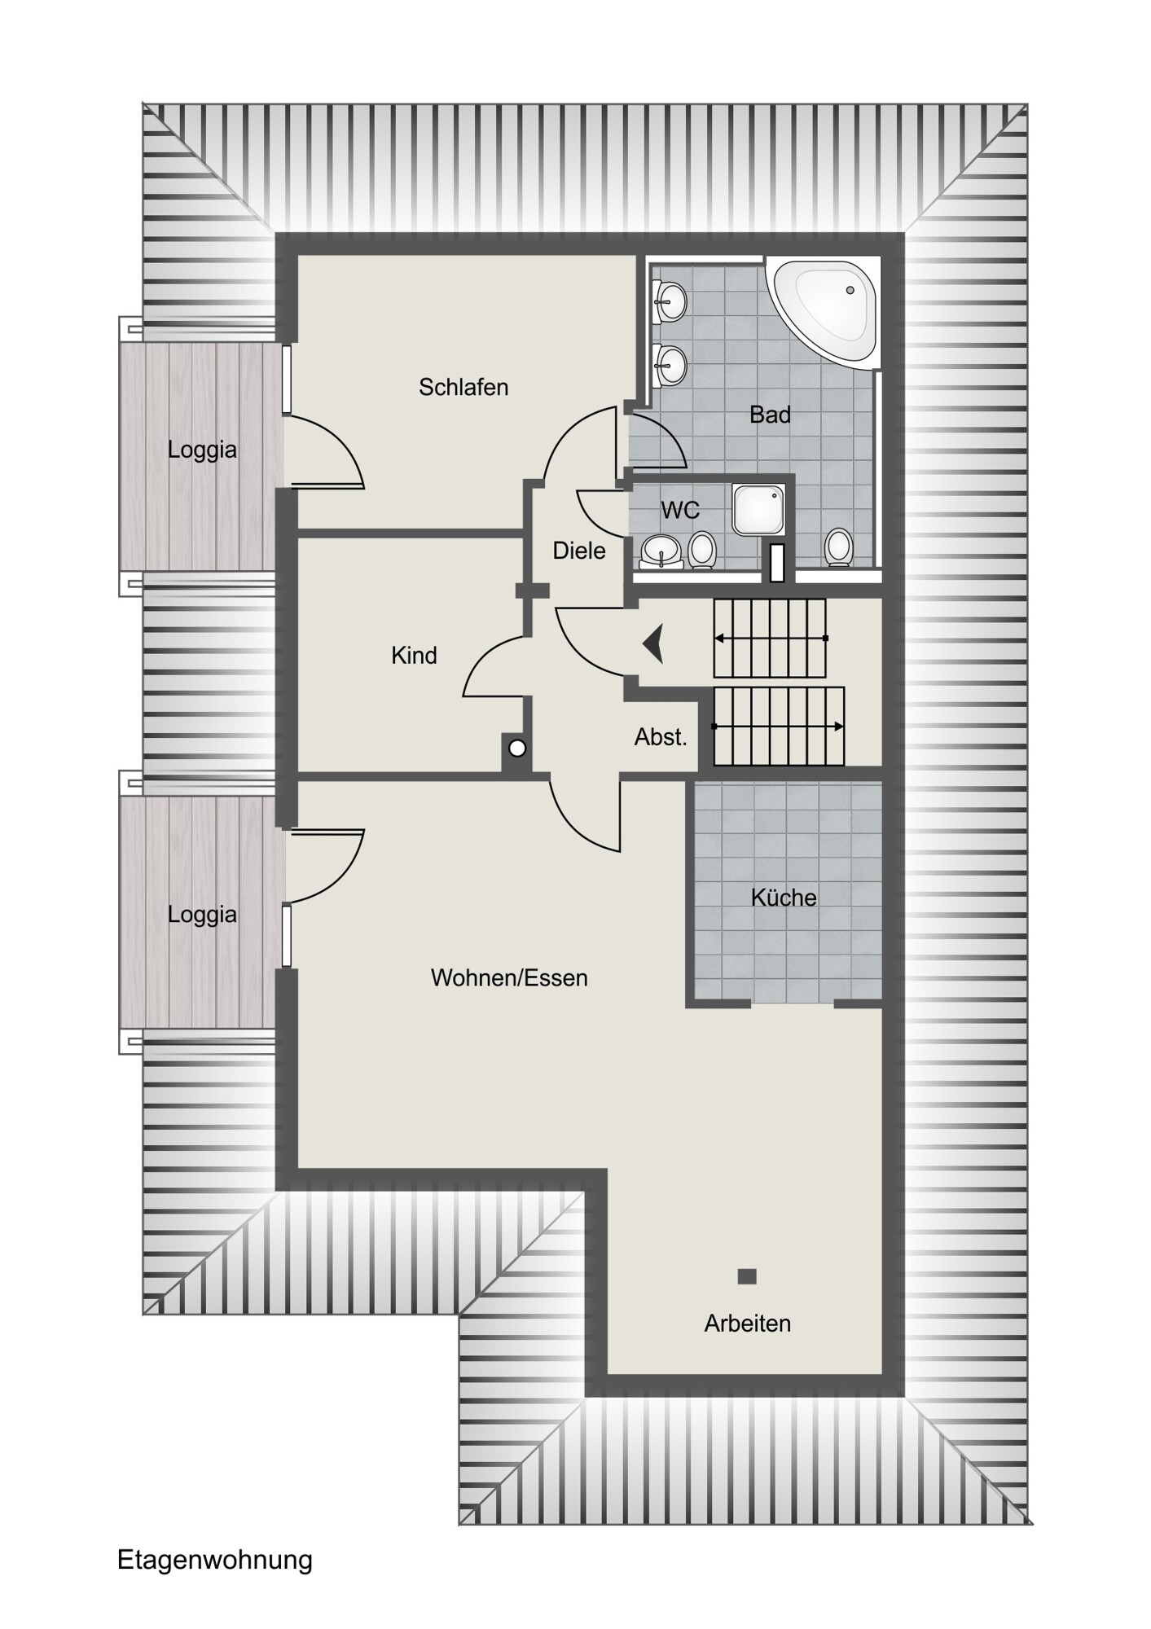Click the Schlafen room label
coord(463,387)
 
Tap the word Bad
coord(770,415)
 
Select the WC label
coord(680,510)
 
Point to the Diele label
coord(579,551)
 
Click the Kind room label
coord(414,655)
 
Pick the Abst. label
coord(661,737)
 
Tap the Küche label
coord(784,897)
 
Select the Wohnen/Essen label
coord(509,977)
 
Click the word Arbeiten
coord(748,1324)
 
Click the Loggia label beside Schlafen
coord(202,450)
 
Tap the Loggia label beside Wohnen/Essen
coord(202,915)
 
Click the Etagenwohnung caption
coord(215,1560)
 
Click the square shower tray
coord(758,509)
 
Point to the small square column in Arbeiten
coord(747,1276)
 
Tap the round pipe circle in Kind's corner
coord(517,748)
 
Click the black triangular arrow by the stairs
coord(653,643)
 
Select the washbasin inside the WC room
coord(661,551)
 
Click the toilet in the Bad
coord(838,547)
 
